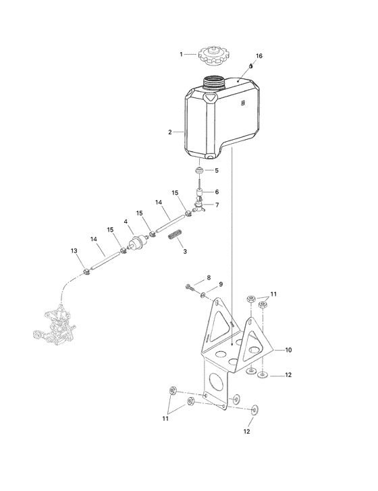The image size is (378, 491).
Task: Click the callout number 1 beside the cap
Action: pos(182,53)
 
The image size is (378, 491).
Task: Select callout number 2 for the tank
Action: pos(170,132)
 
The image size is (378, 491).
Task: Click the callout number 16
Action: pos(259,55)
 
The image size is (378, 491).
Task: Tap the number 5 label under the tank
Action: pos(216,170)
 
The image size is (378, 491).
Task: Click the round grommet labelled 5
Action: pos(200,170)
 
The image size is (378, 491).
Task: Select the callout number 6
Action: pos(217,192)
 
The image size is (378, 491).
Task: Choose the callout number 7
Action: pos(217,205)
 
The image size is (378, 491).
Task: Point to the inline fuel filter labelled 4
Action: pos(139,241)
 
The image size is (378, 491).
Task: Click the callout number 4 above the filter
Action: pos(125,221)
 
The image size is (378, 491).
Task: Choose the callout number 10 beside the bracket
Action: pos(288,350)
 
